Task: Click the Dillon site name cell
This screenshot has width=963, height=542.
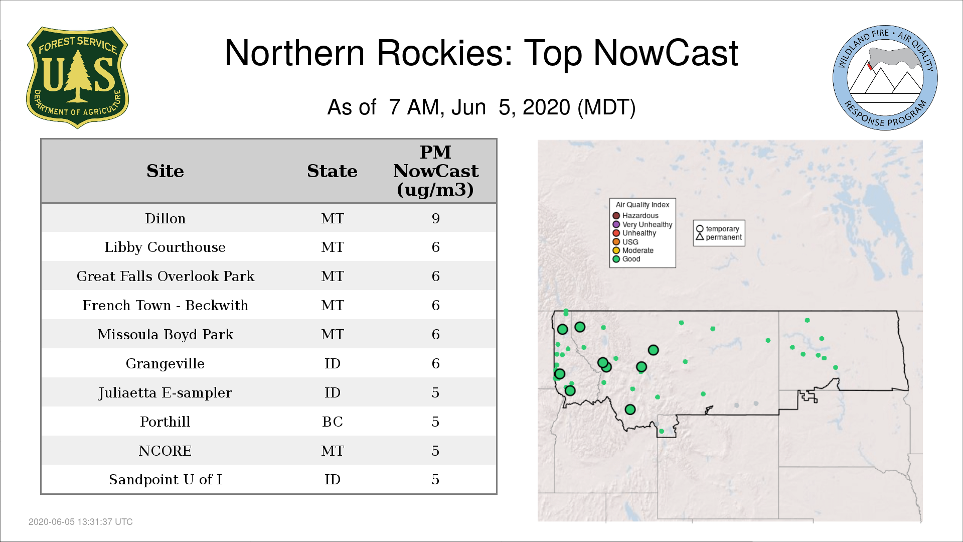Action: click(x=165, y=218)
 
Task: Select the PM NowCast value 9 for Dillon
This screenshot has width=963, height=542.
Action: click(x=435, y=218)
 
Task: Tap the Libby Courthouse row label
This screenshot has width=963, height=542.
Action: click(x=165, y=247)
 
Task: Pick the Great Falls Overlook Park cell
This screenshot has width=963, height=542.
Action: click(x=165, y=276)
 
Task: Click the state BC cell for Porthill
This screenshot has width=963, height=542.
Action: click(x=333, y=422)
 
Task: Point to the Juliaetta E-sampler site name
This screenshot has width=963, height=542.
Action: click(x=165, y=392)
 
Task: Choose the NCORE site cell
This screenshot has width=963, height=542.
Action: click(x=165, y=451)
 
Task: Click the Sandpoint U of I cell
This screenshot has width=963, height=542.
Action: click(x=165, y=480)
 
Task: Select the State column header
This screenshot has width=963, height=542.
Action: click(x=332, y=171)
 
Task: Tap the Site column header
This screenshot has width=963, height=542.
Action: click(x=165, y=171)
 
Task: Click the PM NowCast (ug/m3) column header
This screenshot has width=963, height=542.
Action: click(x=435, y=171)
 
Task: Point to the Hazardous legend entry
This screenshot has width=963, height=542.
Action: click(x=635, y=216)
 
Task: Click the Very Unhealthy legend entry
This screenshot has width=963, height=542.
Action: click(x=643, y=224)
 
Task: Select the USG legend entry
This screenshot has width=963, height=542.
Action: click(x=625, y=242)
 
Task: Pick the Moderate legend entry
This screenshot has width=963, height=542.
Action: click(x=633, y=250)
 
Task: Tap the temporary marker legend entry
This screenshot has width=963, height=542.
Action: click(x=718, y=229)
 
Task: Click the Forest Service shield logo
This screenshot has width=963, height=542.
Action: click(x=77, y=77)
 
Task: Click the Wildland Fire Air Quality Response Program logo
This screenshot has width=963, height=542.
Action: click(x=885, y=78)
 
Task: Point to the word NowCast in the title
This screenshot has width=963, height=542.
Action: click(x=666, y=53)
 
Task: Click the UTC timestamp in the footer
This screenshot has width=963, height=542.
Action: click(x=81, y=522)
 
